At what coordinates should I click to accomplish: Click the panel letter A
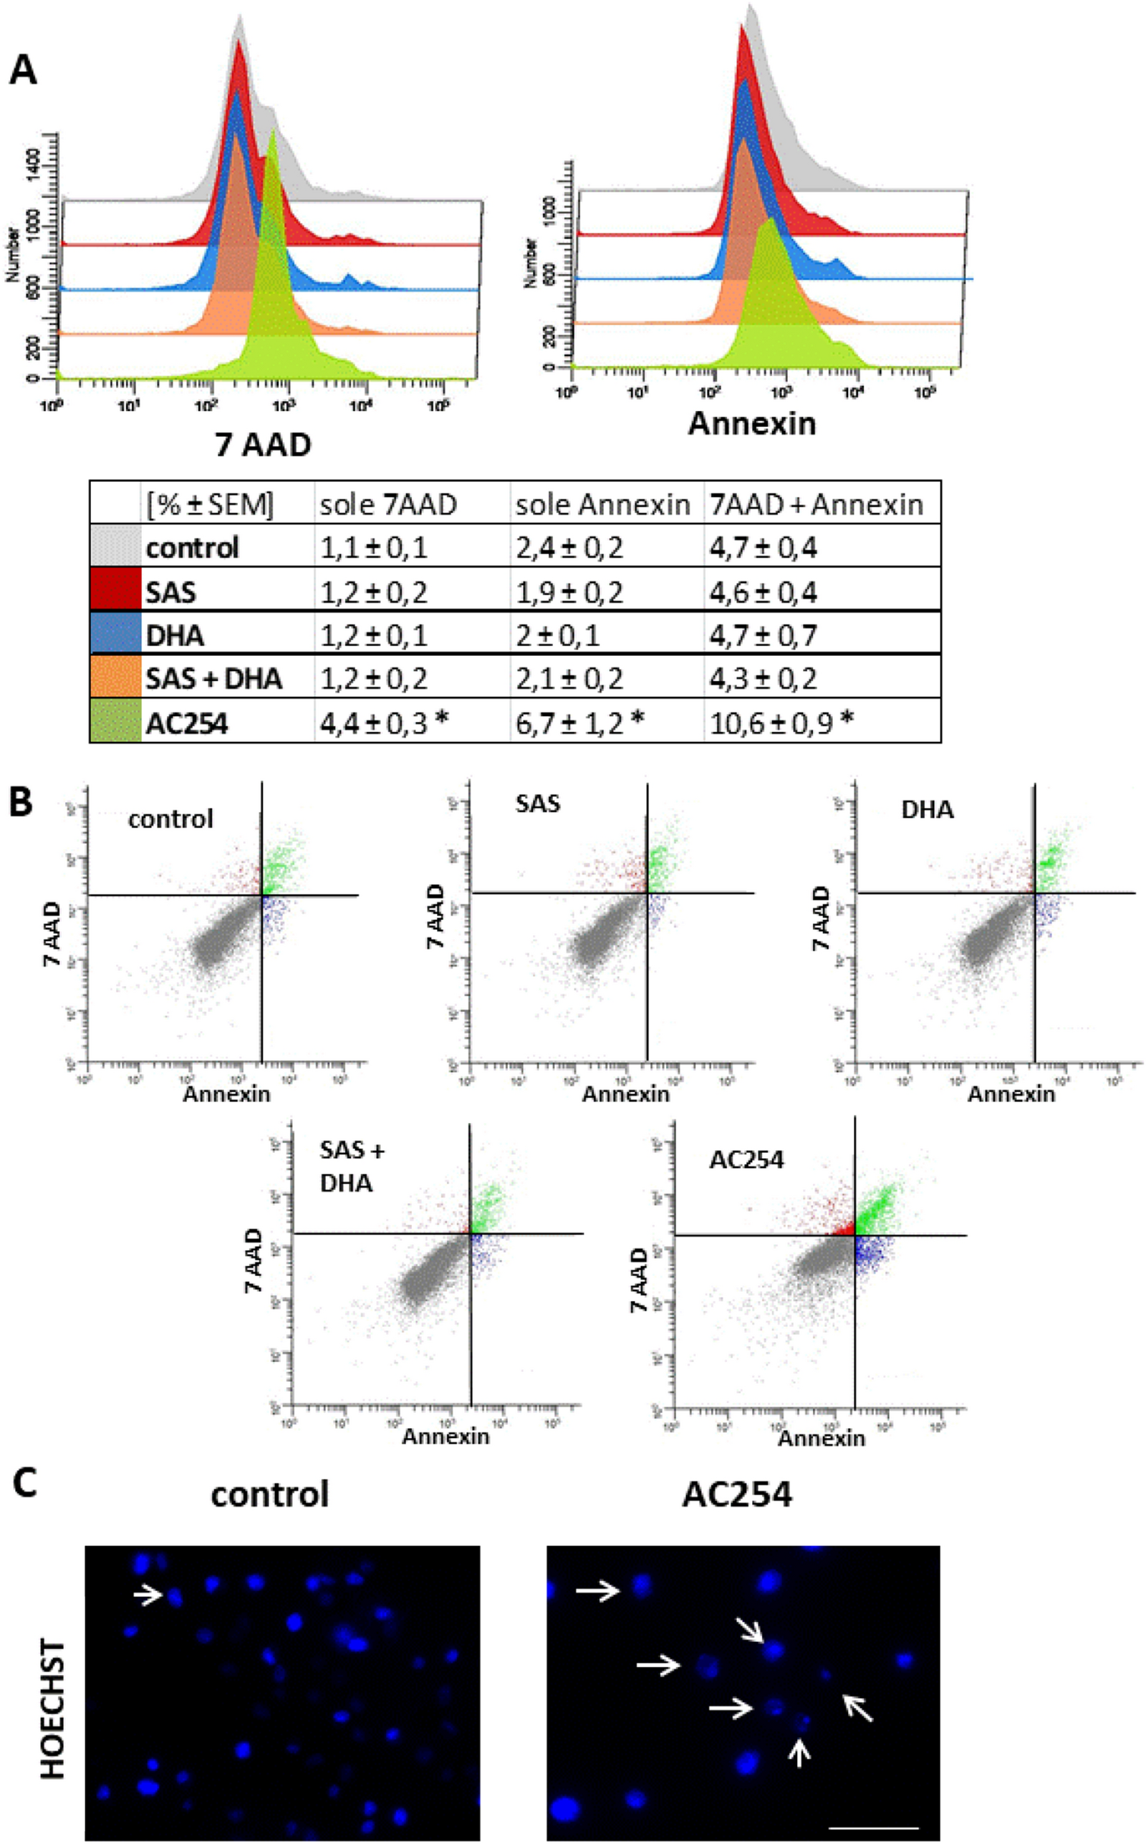coord(23,72)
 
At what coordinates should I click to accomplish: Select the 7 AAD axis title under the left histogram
coord(263,445)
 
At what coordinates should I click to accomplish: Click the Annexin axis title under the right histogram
coord(751,423)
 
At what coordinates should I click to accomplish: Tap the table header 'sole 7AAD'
coord(388,505)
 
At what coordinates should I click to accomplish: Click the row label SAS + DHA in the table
coord(213,678)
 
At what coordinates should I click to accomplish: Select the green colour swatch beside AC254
coord(115,721)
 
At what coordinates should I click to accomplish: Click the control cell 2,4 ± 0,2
coord(569,548)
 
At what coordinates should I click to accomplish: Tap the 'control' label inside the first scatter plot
coord(170,819)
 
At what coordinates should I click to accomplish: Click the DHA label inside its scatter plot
coord(927,810)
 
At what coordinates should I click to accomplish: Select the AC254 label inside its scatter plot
coord(746,1160)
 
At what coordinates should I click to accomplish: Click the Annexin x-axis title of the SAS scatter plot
coord(625,1094)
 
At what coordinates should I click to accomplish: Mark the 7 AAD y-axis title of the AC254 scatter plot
coord(640,1280)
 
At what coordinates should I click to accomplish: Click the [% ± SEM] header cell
coord(211,505)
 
